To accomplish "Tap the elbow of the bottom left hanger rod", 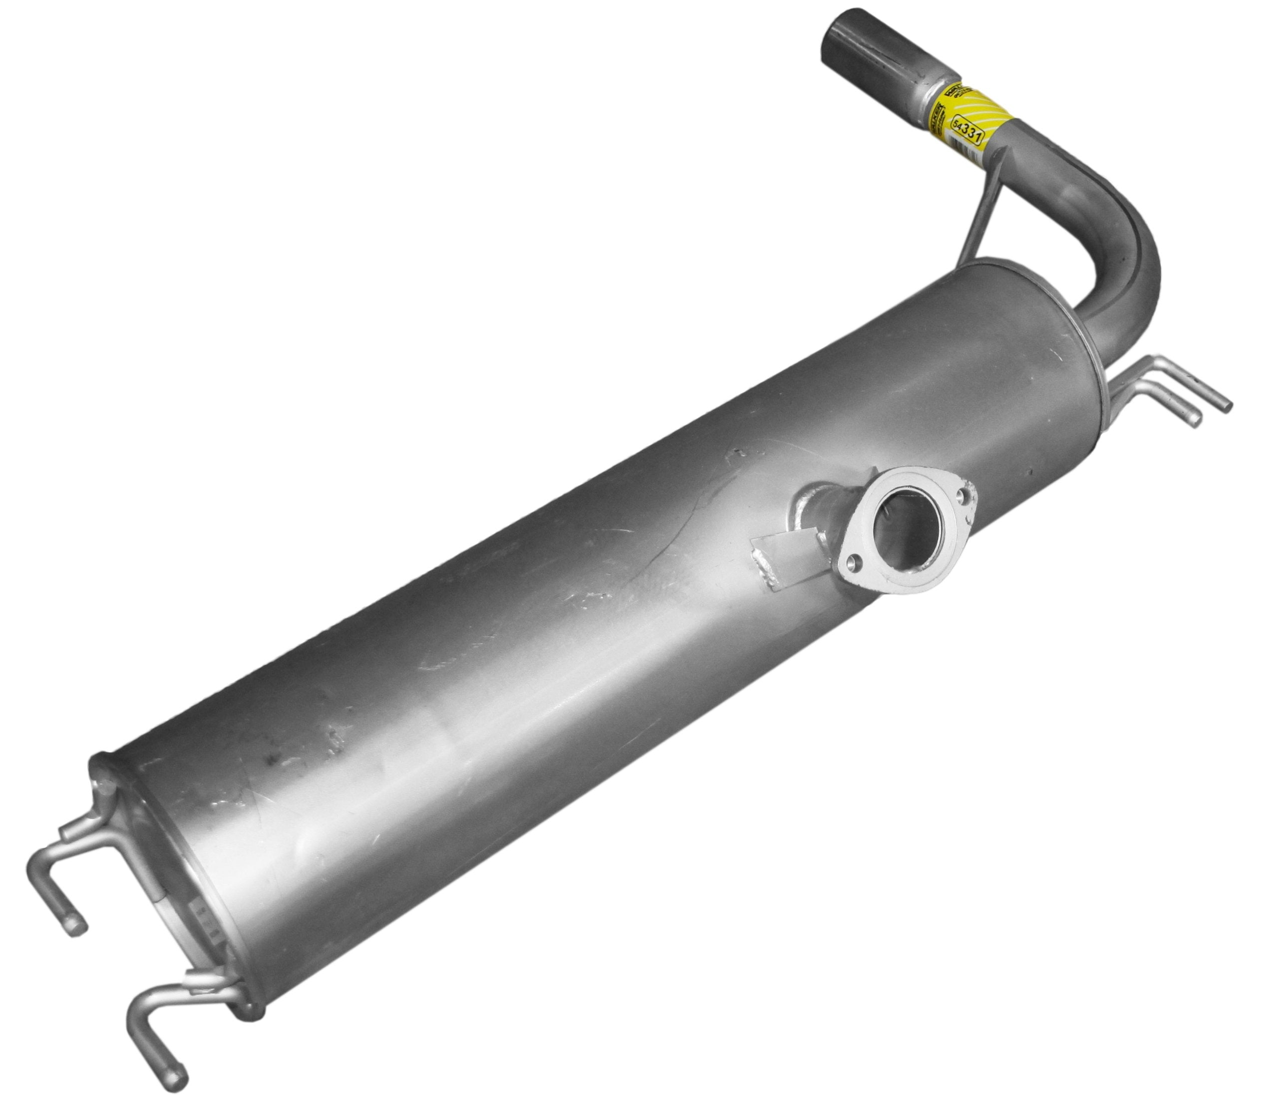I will coord(138,1016).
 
